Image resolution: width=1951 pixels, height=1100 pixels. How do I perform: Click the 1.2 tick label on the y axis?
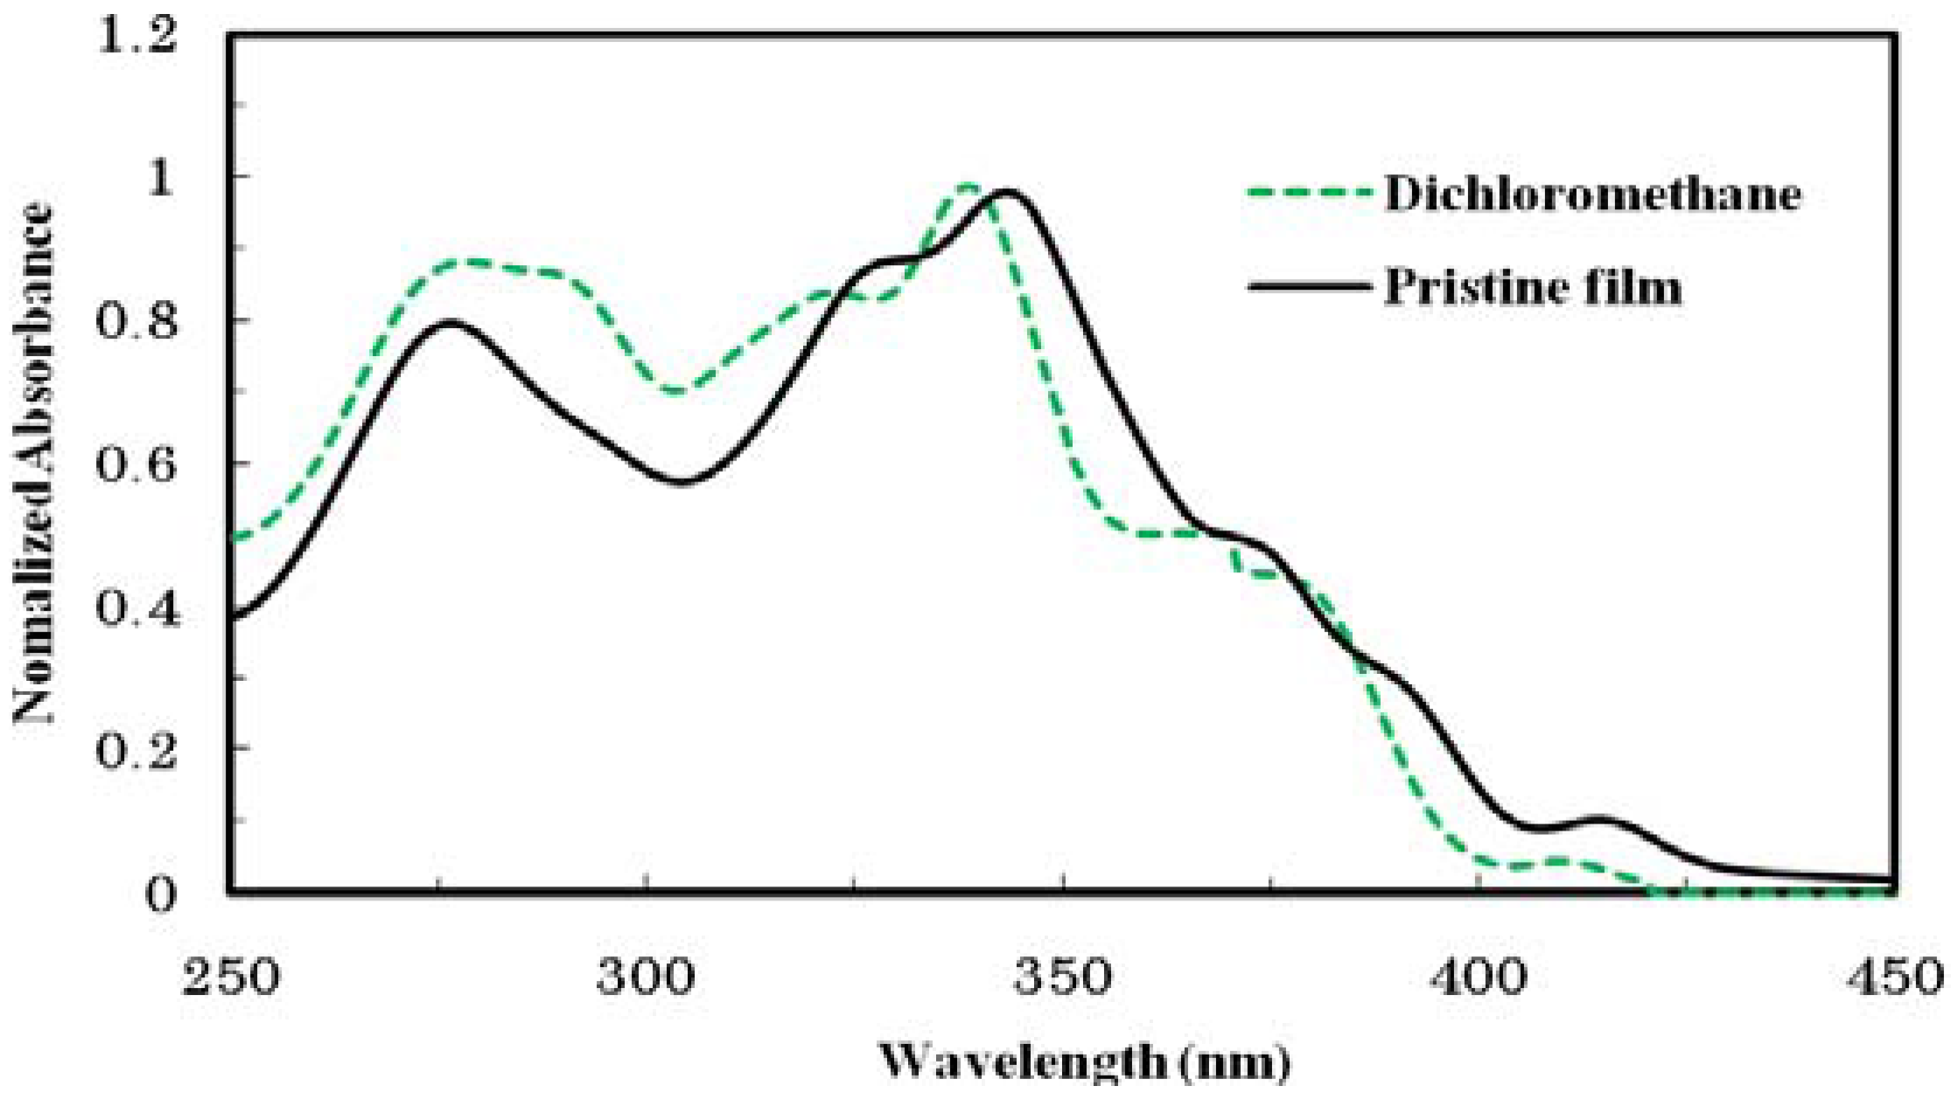point(136,37)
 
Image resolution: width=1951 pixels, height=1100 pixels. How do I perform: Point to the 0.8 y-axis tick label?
point(136,321)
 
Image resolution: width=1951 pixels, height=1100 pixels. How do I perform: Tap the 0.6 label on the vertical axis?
point(136,464)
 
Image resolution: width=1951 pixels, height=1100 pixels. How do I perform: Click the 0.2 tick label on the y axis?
point(136,750)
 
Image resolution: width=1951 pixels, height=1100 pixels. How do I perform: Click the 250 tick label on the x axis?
point(229,976)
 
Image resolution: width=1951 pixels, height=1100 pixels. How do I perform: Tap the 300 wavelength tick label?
point(646,976)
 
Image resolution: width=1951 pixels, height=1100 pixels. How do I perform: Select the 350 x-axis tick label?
point(1063,976)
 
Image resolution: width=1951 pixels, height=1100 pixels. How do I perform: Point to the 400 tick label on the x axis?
point(1479,976)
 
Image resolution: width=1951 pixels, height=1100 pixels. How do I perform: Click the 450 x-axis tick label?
point(1895,976)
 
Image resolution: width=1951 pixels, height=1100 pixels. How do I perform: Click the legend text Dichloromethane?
point(1592,194)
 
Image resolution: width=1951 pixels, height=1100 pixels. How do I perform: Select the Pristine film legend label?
point(1533,287)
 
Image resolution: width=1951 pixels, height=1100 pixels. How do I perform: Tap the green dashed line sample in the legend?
point(1307,193)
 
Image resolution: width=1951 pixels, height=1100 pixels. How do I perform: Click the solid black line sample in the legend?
point(1307,286)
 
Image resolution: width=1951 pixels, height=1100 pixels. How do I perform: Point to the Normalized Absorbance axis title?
point(33,464)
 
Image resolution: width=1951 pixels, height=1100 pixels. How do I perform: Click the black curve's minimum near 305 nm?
point(683,481)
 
